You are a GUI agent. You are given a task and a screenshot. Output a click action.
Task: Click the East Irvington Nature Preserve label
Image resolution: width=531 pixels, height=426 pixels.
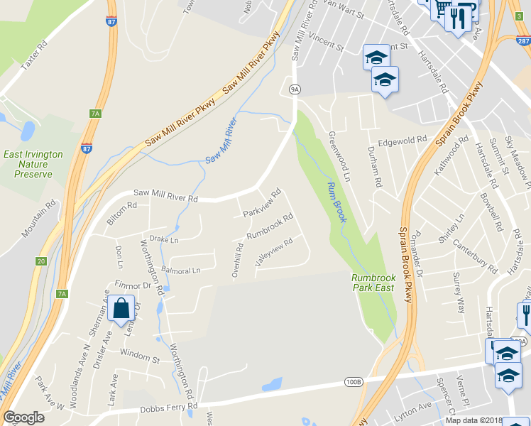click(x=33, y=164)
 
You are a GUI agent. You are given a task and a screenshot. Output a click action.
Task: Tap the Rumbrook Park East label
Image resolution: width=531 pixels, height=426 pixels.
click(x=373, y=282)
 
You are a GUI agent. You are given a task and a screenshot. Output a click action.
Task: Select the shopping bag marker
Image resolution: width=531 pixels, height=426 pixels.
click(x=121, y=309)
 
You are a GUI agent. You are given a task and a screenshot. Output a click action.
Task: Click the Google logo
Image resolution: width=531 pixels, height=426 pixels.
click(x=23, y=417)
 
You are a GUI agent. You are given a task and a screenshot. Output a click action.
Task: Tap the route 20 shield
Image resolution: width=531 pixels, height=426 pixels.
click(x=40, y=261)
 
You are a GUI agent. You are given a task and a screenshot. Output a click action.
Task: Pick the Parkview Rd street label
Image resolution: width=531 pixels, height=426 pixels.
click(x=262, y=202)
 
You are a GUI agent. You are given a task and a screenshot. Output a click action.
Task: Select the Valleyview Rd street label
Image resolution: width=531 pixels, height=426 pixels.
click(x=273, y=253)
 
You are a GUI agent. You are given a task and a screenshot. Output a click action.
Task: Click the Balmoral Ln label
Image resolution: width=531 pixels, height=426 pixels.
click(x=181, y=271)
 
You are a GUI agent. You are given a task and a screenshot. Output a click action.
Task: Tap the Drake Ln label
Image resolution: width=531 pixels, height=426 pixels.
click(x=164, y=240)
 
